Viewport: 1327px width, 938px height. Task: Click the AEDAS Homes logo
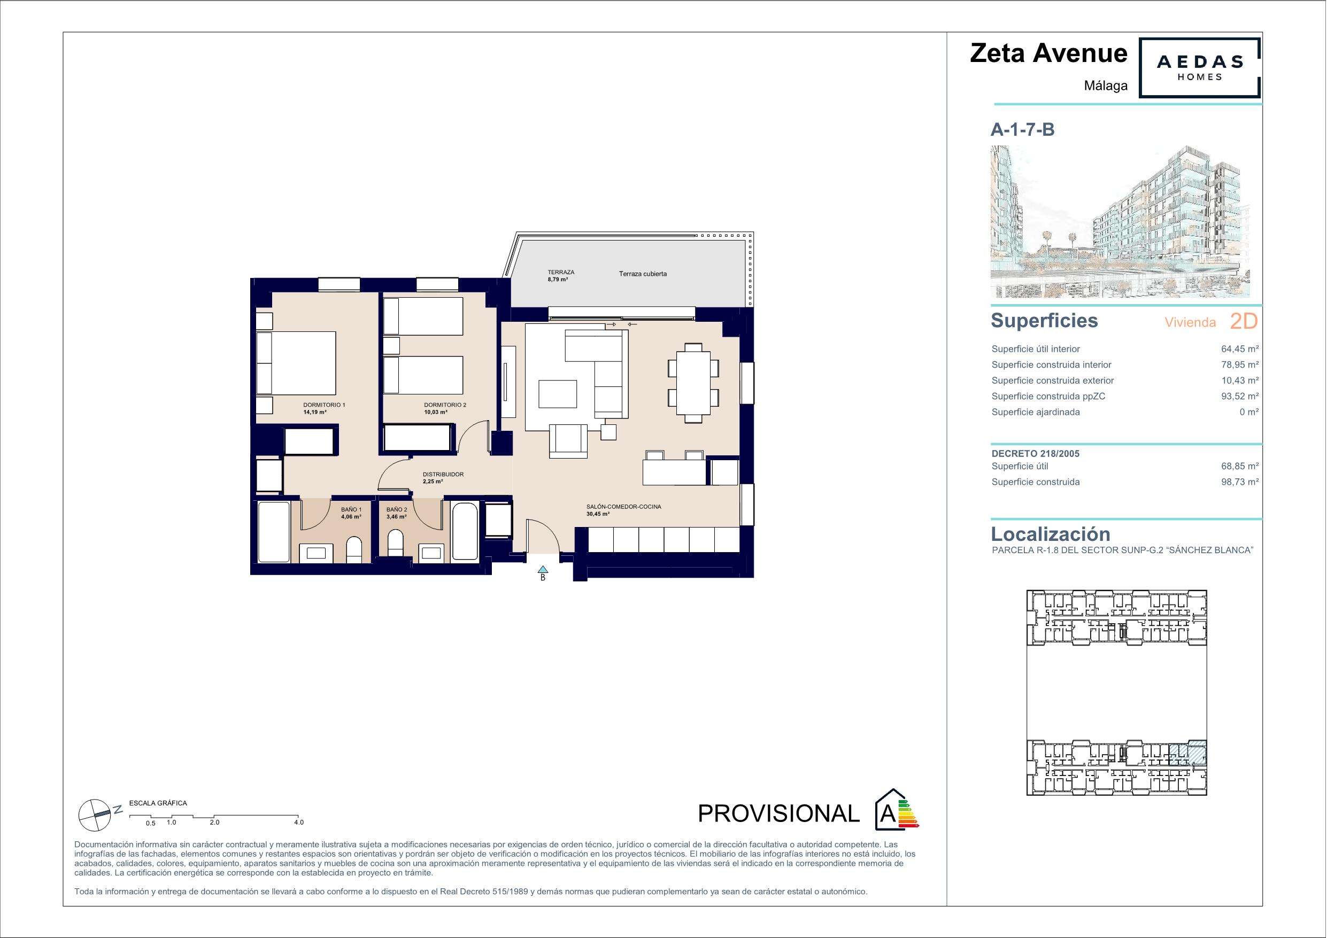click(x=1199, y=68)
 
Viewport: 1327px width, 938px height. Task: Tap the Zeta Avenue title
click(x=1048, y=53)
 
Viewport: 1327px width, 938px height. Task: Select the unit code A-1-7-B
click(x=1022, y=129)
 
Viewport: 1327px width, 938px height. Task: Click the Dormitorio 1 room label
click(x=324, y=408)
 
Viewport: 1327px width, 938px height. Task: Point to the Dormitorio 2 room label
click(x=444, y=408)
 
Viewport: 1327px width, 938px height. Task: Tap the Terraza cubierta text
click(x=643, y=274)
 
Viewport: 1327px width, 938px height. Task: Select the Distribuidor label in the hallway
click(x=443, y=477)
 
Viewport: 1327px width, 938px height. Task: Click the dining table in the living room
click(x=693, y=383)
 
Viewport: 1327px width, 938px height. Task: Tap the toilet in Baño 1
click(x=354, y=549)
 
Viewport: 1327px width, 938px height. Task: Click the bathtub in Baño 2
click(x=465, y=532)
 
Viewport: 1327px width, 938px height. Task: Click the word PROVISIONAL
click(x=778, y=814)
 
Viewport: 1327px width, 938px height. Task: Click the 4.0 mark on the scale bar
click(x=299, y=822)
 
